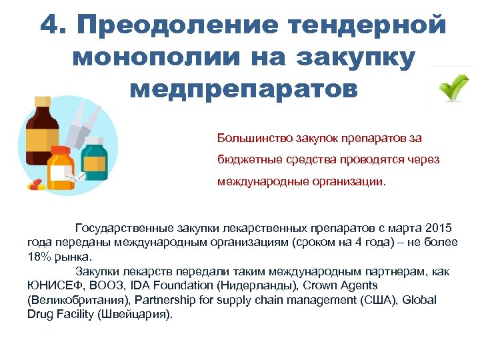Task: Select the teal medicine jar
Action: (x=94, y=156)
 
